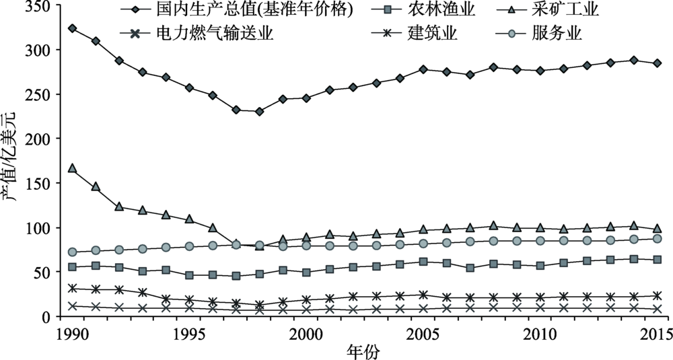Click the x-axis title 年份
(365, 350)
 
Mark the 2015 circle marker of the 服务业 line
(657, 239)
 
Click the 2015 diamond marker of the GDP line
(657, 63)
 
